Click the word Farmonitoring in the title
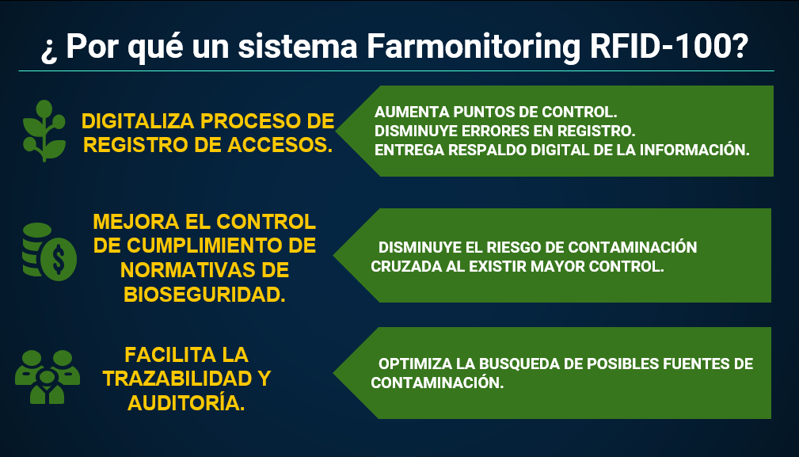pyautogui.click(x=473, y=48)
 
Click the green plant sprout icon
pyautogui.click(x=44, y=131)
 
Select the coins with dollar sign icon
pyautogui.click(x=49, y=252)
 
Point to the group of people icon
pyautogui.click(x=48, y=377)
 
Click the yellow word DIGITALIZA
pyautogui.click(x=138, y=121)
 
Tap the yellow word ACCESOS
pyautogui.click(x=280, y=145)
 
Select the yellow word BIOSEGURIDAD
pyautogui.click(x=204, y=295)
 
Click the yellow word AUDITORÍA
pyautogui.click(x=186, y=403)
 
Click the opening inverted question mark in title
pyautogui.click(x=49, y=50)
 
